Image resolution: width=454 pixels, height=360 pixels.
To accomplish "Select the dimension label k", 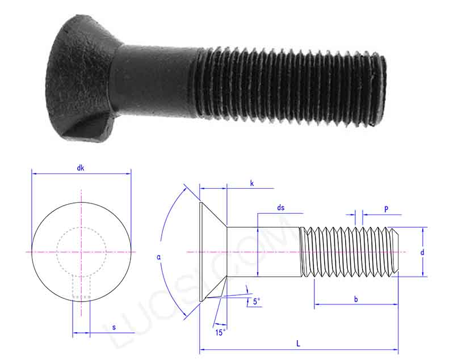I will (x=251, y=183).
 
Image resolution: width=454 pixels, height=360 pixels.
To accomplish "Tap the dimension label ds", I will (x=281, y=208).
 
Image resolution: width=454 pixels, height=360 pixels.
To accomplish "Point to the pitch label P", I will (x=386, y=209).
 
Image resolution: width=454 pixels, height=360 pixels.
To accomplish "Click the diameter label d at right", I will (x=422, y=252).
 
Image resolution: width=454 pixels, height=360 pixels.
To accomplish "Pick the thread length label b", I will (x=356, y=299).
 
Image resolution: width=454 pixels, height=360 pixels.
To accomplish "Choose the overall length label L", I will (x=298, y=344).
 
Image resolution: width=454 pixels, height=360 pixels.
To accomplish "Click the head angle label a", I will (x=159, y=257).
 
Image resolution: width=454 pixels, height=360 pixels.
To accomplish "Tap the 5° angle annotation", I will (x=257, y=302).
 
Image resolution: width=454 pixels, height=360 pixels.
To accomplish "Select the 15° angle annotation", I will (x=220, y=332).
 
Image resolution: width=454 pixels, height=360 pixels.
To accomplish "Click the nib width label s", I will (x=113, y=328).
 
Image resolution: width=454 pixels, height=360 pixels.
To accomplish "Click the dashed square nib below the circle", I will (x=81, y=287).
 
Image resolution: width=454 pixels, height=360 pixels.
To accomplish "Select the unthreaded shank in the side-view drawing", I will (x=263, y=252).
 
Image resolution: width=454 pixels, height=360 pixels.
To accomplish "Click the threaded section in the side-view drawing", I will (x=349, y=252).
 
